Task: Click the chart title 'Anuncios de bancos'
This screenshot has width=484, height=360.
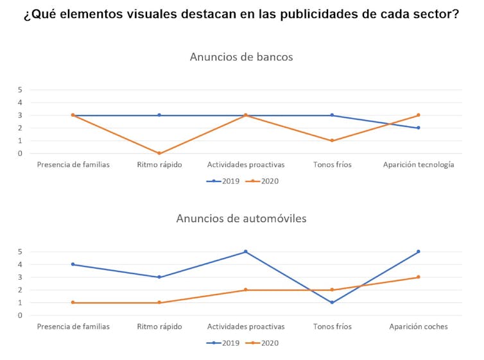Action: (241, 57)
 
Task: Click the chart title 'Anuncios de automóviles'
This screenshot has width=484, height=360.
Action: (241, 219)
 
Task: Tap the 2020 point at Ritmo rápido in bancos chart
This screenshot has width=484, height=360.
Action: (159, 153)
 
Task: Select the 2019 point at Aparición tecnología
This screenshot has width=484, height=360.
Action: (419, 128)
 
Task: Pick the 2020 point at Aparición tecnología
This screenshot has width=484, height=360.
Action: (419, 116)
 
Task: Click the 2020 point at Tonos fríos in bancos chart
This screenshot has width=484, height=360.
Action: (332, 141)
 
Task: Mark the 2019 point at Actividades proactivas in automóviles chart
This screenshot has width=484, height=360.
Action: (245, 252)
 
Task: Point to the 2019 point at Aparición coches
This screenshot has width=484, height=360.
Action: (419, 252)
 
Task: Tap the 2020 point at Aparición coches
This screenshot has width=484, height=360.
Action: (419, 277)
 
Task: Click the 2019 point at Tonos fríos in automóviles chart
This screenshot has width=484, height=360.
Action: (332, 302)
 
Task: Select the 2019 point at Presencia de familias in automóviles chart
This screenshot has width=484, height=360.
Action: (73, 264)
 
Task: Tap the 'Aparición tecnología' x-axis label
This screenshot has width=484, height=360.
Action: (419, 165)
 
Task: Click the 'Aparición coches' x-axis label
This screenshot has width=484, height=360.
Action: (419, 327)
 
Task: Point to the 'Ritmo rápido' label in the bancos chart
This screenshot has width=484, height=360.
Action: (159, 165)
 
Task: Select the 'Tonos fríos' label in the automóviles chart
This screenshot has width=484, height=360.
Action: (332, 327)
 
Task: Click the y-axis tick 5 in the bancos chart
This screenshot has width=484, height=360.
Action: (20, 90)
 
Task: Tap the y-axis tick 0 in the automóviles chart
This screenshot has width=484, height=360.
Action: (20, 316)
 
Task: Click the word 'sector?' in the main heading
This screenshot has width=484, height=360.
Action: (436, 15)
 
